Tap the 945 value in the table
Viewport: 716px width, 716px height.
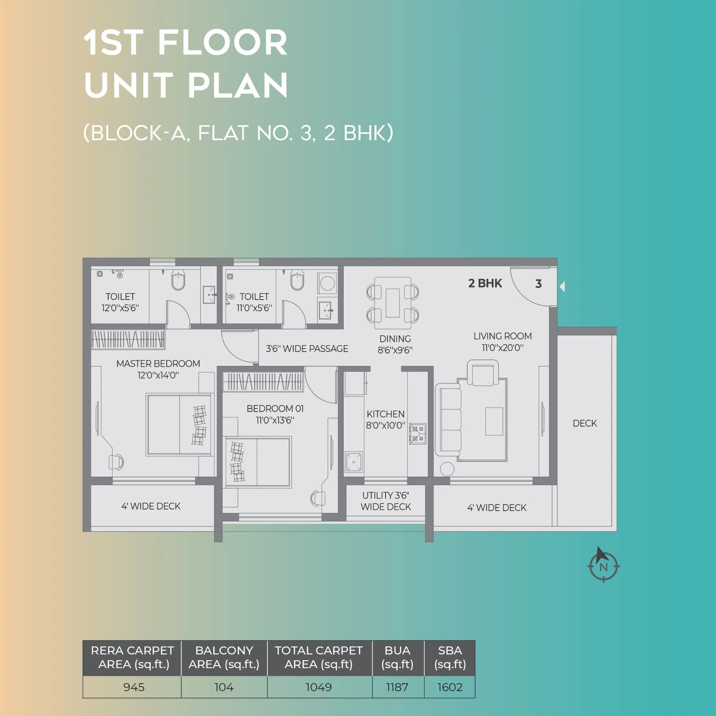pyautogui.click(x=134, y=687)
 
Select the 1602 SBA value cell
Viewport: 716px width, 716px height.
pyautogui.click(x=450, y=687)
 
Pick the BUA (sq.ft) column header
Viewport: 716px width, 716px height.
pyautogui.click(x=398, y=658)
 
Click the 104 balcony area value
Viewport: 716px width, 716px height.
pyautogui.click(x=224, y=687)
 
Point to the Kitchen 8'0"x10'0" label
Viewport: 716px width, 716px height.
pyautogui.click(x=386, y=420)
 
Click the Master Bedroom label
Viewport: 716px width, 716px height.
pyautogui.click(x=158, y=369)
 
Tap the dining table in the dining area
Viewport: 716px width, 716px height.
pyautogui.click(x=393, y=303)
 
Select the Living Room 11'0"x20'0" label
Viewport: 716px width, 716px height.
pyautogui.click(x=503, y=342)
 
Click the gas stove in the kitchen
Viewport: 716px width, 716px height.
pyautogui.click(x=418, y=433)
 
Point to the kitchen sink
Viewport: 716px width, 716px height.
pyautogui.click(x=353, y=462)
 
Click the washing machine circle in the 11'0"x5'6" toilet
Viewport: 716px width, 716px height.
pyautogui.click(x=327, y=283)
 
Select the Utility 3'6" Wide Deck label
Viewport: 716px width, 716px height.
pyautogui.click(x=386, y=501)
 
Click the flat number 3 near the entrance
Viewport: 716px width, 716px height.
pyautogui.click(x=539, y=284)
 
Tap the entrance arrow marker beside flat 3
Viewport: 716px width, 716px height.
pyautogui.click(x=562, y=287)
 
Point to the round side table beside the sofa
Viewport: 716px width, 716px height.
pyautogui.click(x=447, y=469)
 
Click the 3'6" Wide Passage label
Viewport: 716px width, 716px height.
pyautogui.click(x=307, y=349)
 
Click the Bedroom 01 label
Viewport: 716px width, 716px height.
pyautogui.click(x=275, y=414)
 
